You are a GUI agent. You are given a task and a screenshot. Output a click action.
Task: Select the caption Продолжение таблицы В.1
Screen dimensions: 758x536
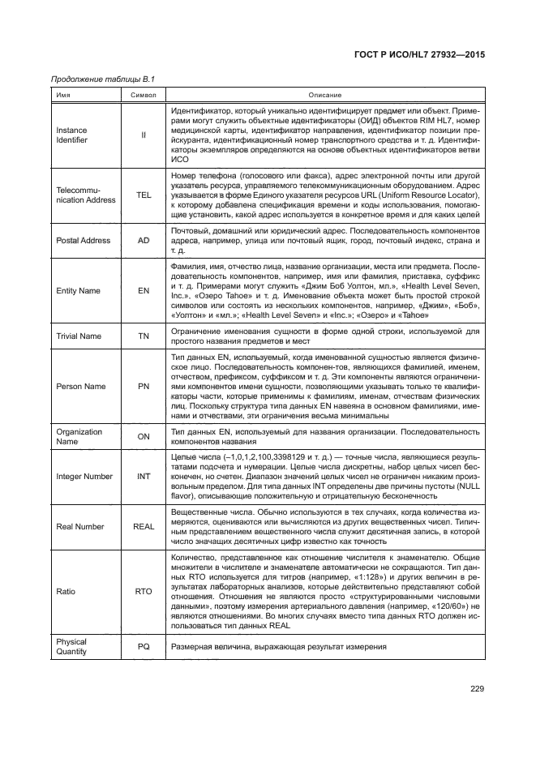[x=102, y=79]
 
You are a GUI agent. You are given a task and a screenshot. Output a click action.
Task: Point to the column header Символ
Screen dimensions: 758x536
[x=144, y=96]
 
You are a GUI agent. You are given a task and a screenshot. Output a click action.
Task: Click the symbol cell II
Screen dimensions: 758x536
[x=144, y=135]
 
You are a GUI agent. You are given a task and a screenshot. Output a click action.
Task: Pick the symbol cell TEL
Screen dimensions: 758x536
[x=144, y=195]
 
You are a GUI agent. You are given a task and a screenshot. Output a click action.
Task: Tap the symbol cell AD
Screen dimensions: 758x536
[x=144, y=241]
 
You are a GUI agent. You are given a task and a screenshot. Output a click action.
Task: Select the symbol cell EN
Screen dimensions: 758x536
[x=144, y=291]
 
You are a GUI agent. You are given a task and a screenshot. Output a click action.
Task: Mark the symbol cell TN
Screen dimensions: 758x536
[x=144, y=336]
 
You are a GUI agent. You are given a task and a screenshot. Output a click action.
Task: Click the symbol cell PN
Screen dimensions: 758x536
[x=144, y=386]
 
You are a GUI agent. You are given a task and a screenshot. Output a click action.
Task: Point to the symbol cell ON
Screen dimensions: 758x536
[x=144, y=437]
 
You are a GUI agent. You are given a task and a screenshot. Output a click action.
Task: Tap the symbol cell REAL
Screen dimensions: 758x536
[x=144, y=527]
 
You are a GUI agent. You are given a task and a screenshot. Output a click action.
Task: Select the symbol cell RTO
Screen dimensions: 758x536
[x=144, y=591]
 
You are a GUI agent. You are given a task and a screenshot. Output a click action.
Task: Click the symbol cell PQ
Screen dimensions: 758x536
[x=144, y=646]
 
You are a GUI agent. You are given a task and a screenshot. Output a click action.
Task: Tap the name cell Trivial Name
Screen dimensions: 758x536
[x=78, y=336]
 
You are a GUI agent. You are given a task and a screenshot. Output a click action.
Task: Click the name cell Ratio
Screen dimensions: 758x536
[x=65, y=591]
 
